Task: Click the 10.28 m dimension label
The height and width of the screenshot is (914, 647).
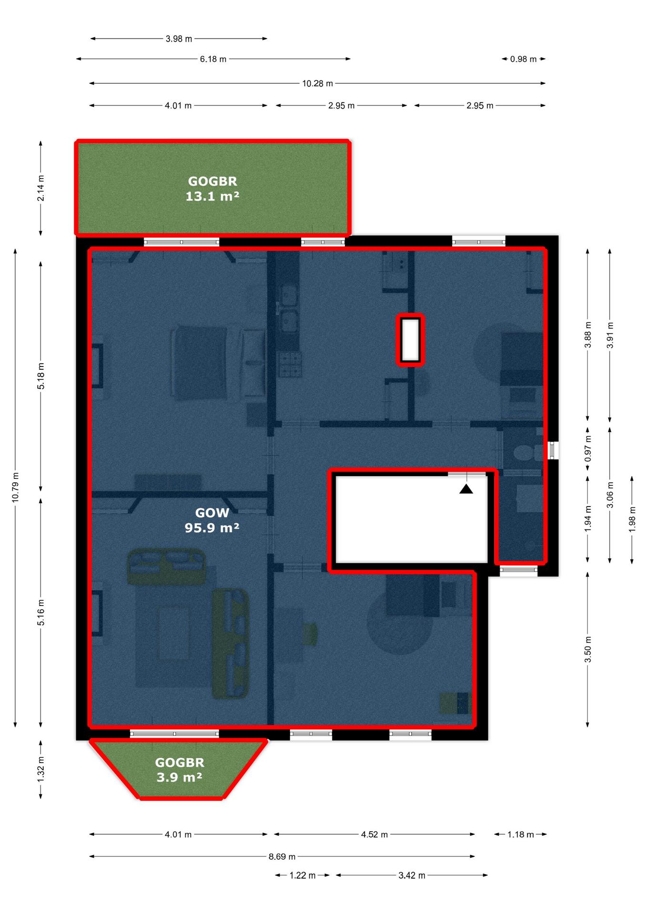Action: (x=317, y=83)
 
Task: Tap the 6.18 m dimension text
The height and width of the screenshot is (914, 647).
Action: (x=213, y=59)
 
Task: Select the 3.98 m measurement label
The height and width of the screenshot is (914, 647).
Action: (x=179, y=39)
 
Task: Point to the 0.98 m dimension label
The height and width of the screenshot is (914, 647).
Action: (x=523, y=59)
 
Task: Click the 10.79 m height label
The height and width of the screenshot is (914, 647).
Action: (x=16, y=487)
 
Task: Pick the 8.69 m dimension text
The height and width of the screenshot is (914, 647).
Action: (x=282, y=856)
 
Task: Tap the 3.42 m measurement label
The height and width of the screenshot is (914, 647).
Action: (x=412, y=875)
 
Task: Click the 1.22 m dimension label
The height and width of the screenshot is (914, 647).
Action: (x=302, y=875)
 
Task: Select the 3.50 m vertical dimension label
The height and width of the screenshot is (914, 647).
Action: (x=588, y=649)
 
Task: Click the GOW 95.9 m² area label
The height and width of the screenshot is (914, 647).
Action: (x=212, y=520)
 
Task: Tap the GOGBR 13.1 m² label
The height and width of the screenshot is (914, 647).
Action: (x=212, y=189)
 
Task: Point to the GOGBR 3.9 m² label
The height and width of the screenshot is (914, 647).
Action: (x=179, y=770)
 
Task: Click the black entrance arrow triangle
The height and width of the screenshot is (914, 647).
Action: (x=466, y=489)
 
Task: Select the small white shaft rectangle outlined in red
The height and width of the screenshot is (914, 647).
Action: (x=410, y=340)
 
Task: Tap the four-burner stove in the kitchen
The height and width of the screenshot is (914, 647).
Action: (x=290, y=364)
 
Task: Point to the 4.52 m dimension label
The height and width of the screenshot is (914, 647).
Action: (x=374, y=835)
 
